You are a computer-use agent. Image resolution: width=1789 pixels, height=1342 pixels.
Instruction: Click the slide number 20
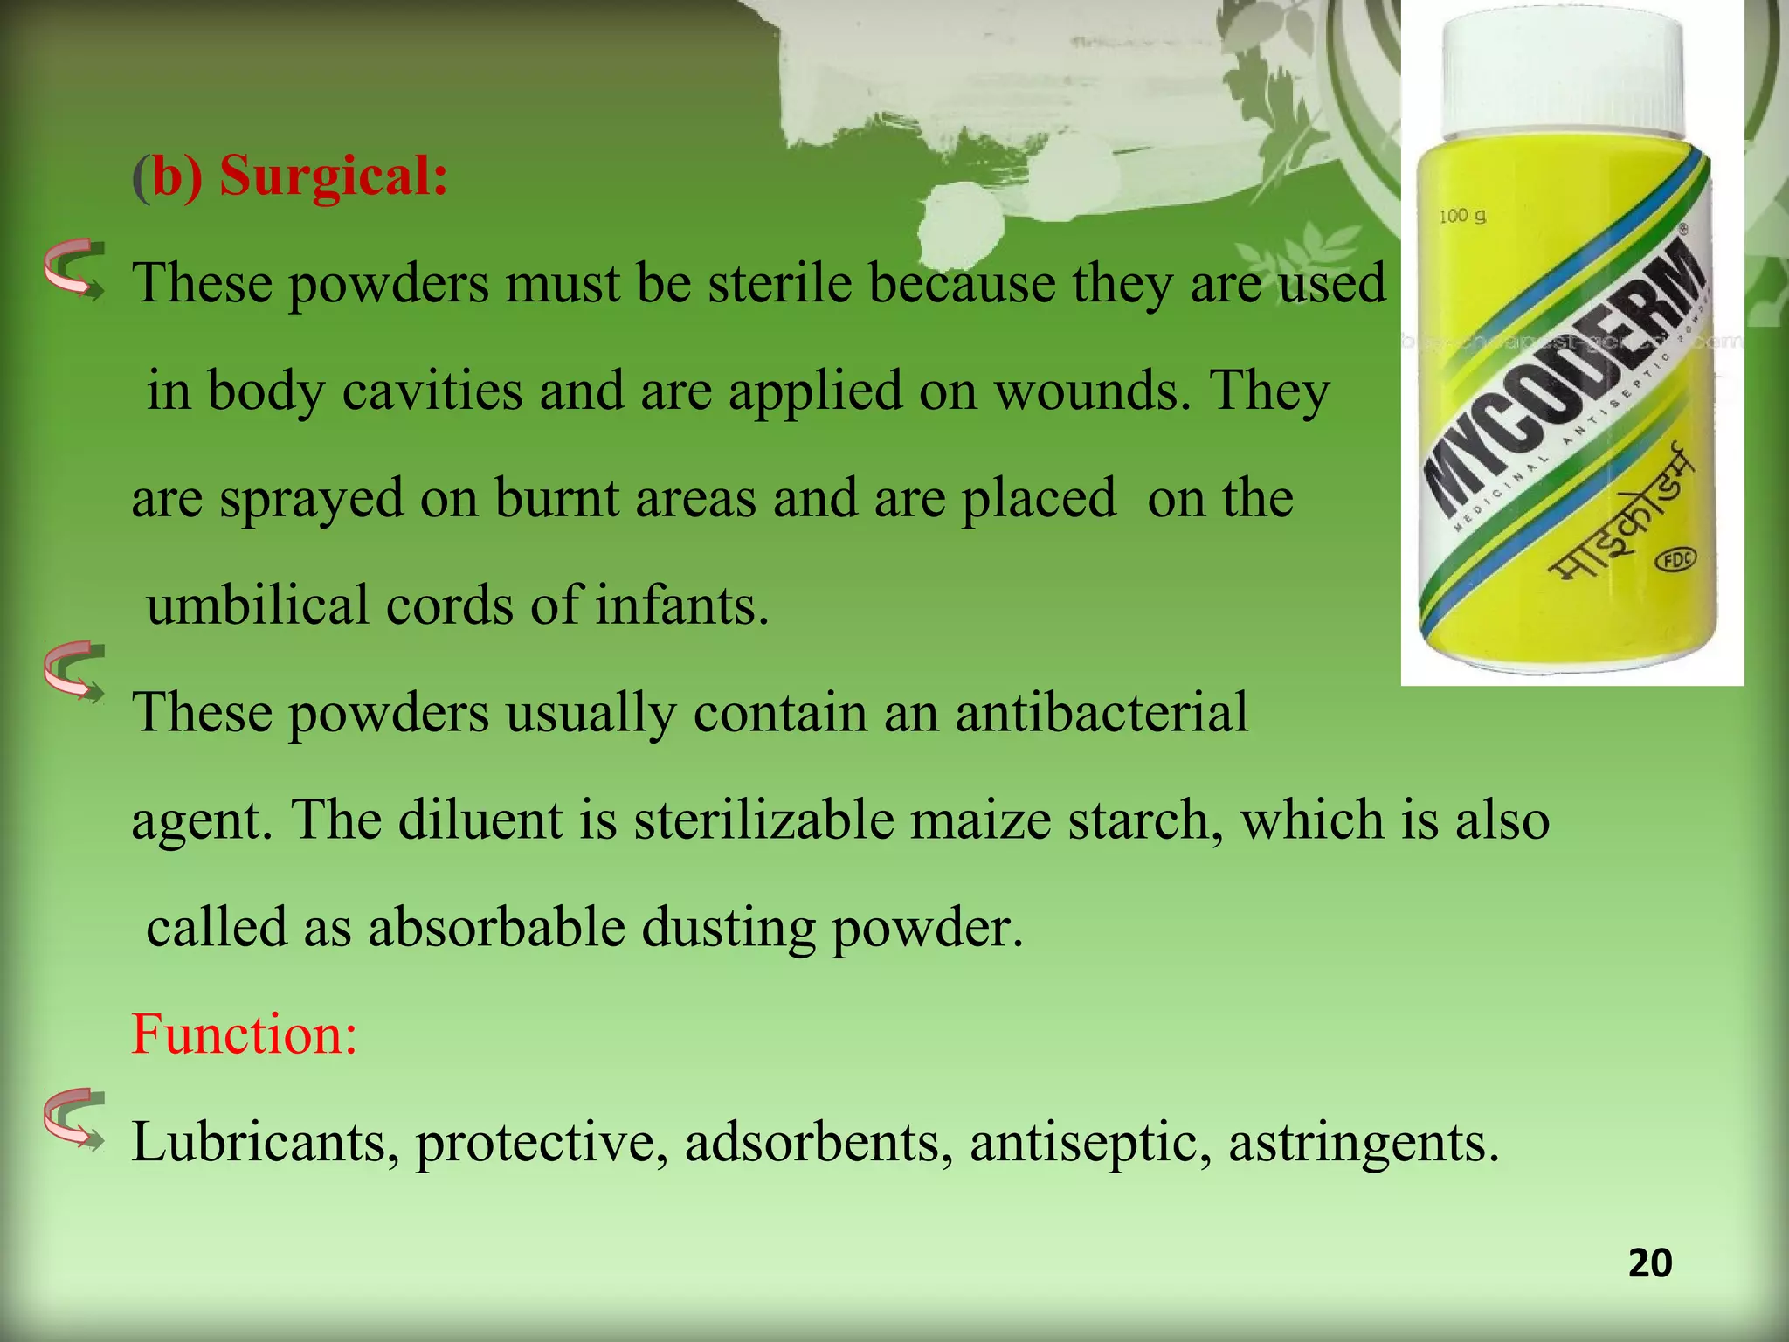[1649, 1264]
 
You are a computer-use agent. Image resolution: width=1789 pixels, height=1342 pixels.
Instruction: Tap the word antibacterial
[1101, 712]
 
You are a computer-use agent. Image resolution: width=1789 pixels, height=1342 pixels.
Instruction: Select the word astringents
[1364, 1144]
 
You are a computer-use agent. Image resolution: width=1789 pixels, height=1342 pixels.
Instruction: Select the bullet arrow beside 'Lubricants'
[75, 1117]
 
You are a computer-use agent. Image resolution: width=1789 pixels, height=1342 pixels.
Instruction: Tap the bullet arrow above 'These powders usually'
[75, 672]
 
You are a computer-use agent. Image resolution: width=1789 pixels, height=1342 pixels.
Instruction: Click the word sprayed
[312, 499]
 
